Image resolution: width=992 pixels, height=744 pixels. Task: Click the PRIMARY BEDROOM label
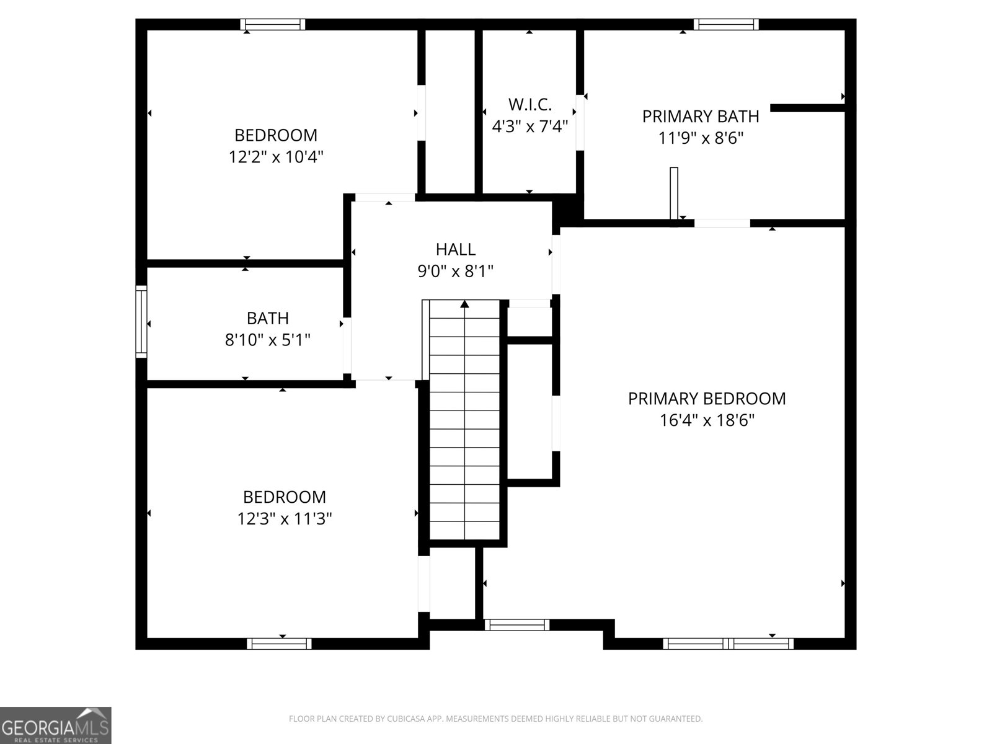pyautogui.click(x=707, y=399)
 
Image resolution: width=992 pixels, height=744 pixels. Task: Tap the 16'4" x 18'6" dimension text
pyautogui.click(x=707, y=421)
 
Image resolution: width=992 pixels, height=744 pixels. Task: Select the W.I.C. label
pyautogui.click(x=529, y=104)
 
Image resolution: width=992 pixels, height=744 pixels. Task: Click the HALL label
pyautogui.click(x=456, y=249)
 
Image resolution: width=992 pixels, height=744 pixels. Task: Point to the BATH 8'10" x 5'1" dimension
pyautogui.click(x=267, y=340)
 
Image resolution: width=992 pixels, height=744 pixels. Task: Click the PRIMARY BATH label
pyautogui.click(x=701, y=117)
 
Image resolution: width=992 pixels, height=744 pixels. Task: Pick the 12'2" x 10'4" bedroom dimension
pyautogui.click(x=277, y=157)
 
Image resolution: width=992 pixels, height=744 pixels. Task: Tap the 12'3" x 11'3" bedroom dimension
pyautogui.click(x=285, y=518)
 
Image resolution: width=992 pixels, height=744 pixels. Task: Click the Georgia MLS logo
pyautogui.click(x=56, y=725)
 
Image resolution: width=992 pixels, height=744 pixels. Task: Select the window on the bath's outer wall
pyautogui.click(x=141, y=321)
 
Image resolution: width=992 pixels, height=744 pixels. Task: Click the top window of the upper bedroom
pyautogui.click(x=273, y=25)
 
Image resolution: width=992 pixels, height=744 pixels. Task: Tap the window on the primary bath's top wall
pyautogui.click(x=726, y=25)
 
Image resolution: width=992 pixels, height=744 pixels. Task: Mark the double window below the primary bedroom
pyautogui.click(x=728, y=644)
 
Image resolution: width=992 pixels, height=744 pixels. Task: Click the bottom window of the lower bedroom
pyautogui.click(x=279, y=644)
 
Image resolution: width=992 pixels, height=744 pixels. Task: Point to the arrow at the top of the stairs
pyautogui.click(x=464, y=304)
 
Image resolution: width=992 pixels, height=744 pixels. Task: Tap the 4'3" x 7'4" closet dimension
pyautogui.click(x=529, y=127)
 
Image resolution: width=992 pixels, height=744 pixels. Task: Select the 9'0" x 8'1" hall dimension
pyautogui.click(x=456, y=272)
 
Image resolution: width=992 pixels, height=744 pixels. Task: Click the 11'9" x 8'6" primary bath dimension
pyautogui.click(x=701, y=138)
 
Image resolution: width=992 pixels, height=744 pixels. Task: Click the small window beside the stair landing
pyautogui.click(x=516, y=625)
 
